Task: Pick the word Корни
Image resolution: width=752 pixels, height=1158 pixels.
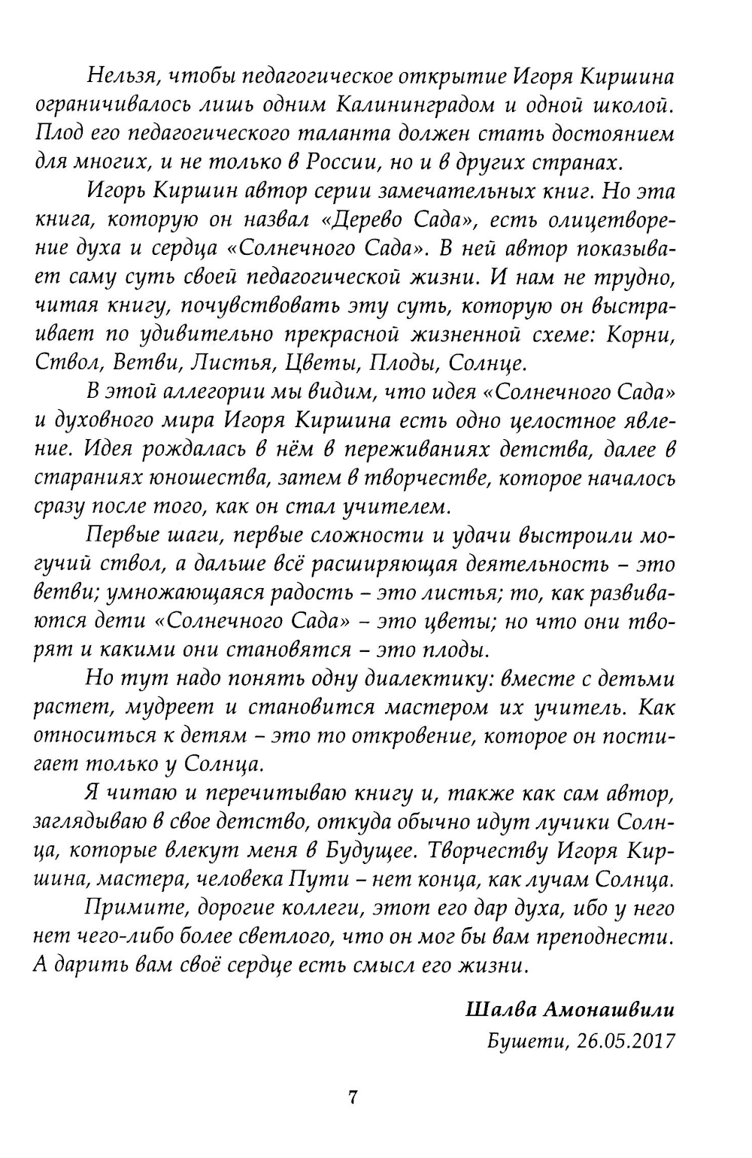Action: coord(641,335)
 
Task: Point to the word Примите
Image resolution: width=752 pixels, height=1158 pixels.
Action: coord(129,908)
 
